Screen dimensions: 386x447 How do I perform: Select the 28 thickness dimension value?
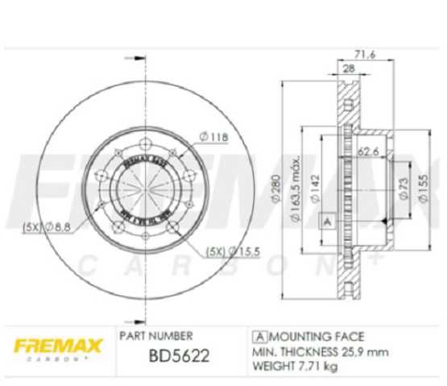(349, 70)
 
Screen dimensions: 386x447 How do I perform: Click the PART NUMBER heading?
(155, 334)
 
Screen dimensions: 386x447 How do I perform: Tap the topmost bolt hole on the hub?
(146, 145)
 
